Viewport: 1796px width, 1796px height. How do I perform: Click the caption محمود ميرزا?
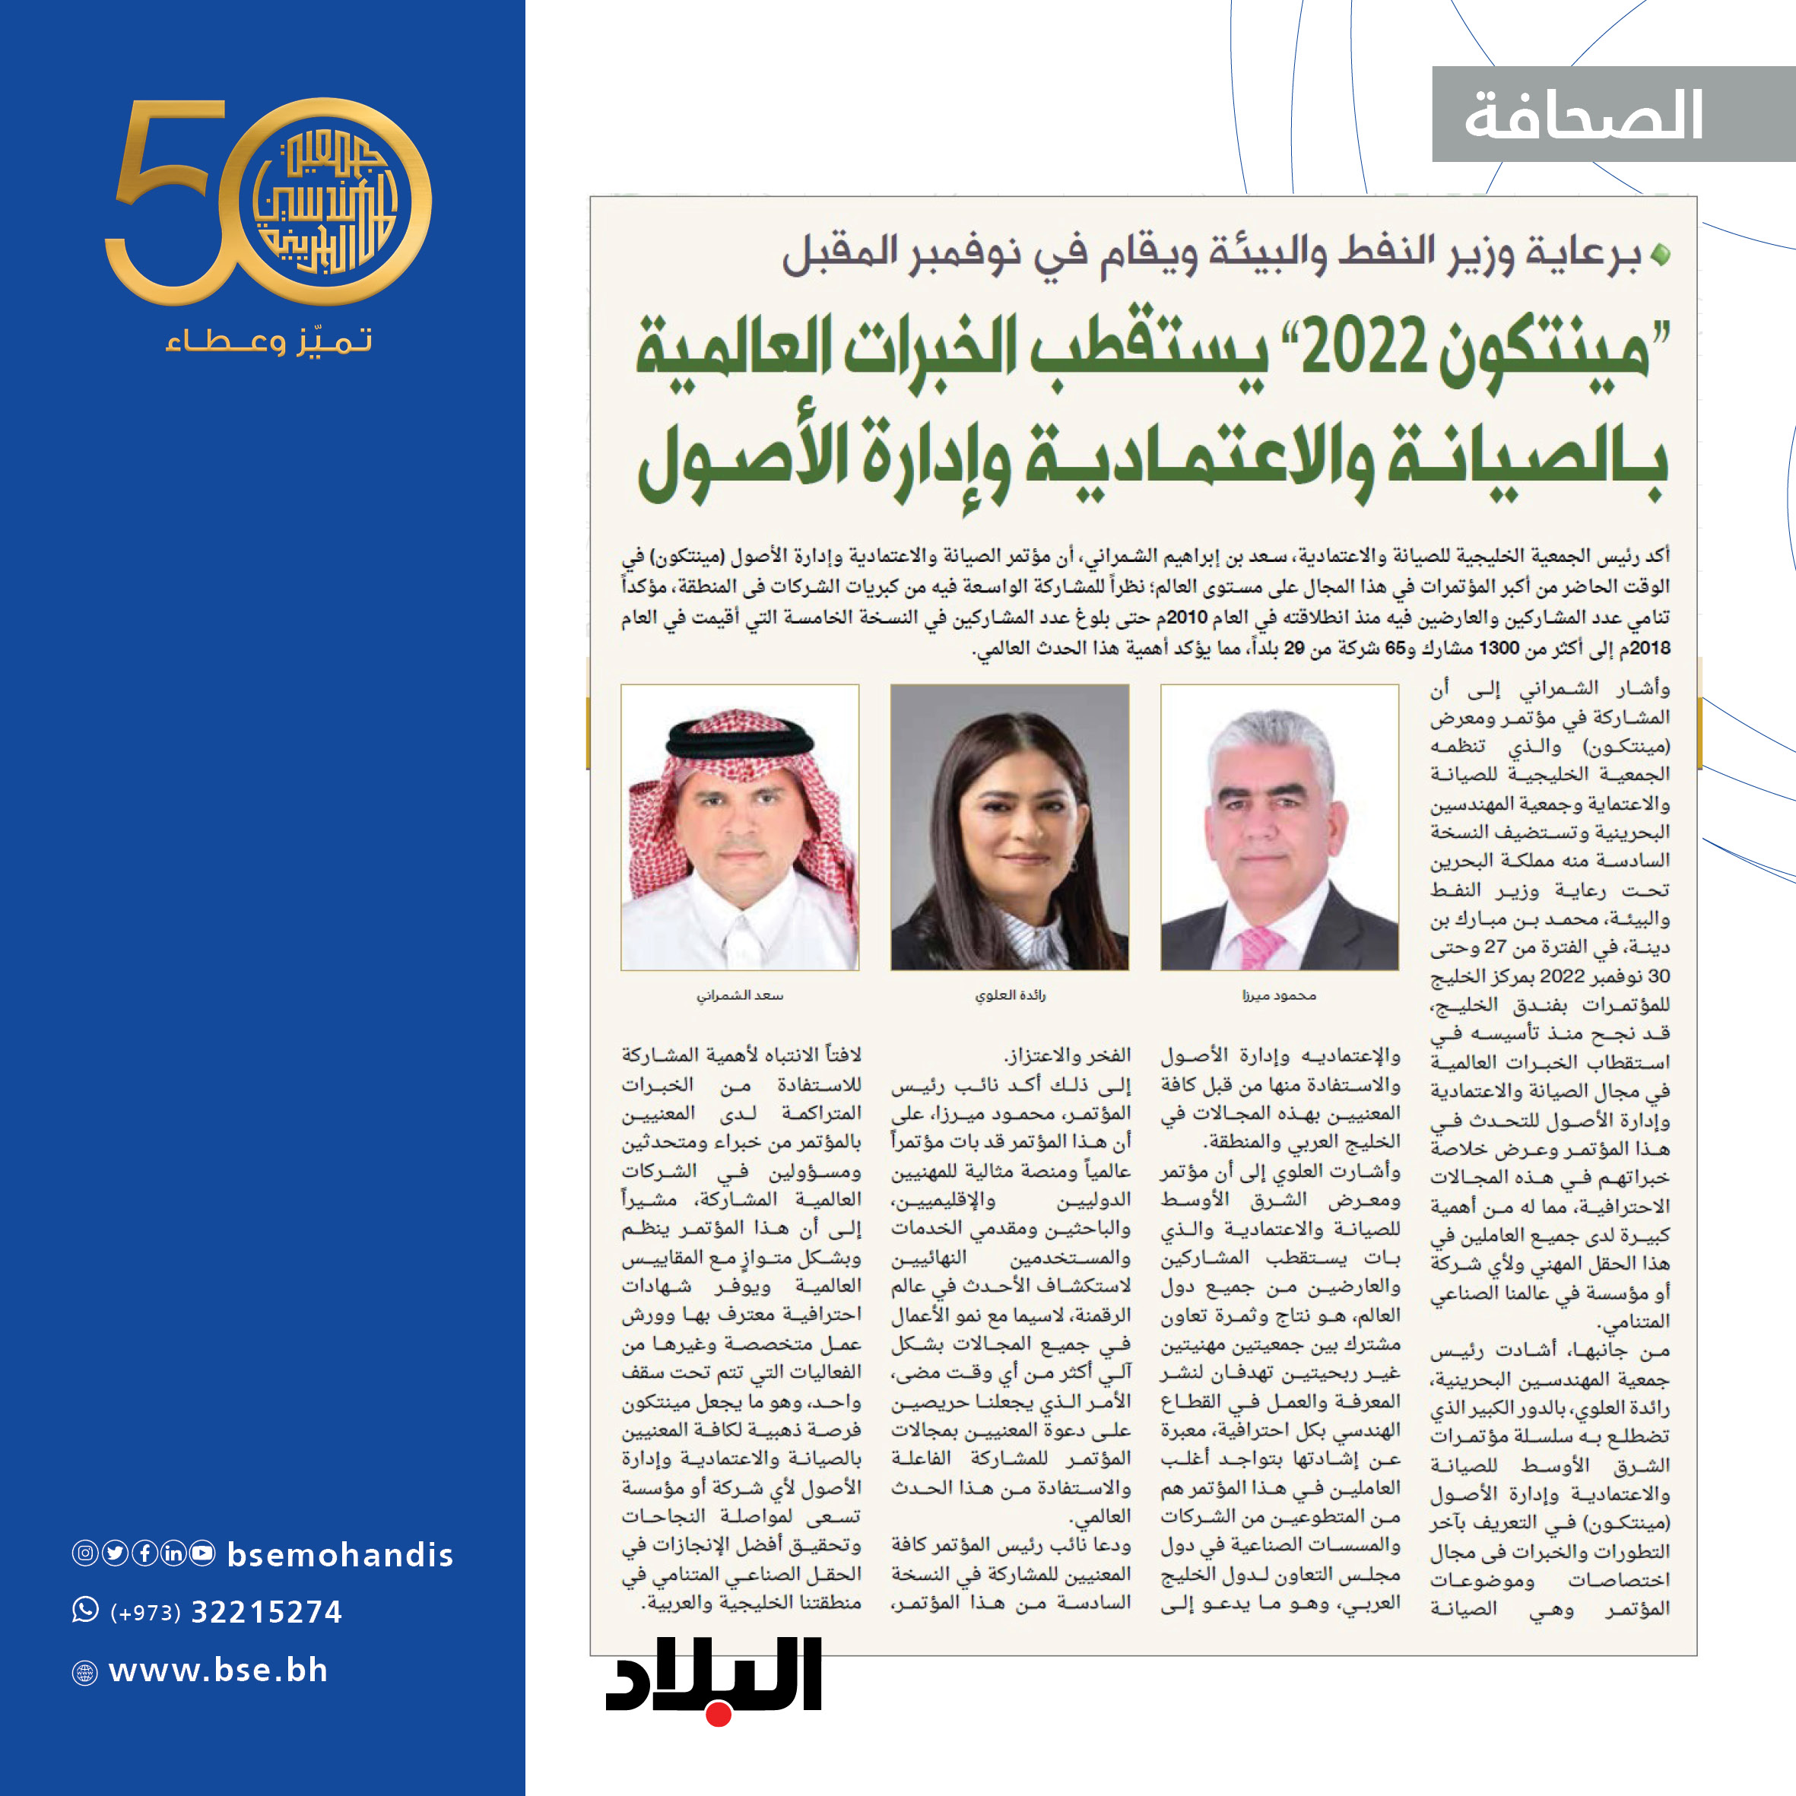tap(1279, 995)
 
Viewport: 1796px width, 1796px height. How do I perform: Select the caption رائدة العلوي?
tap(1010, 995)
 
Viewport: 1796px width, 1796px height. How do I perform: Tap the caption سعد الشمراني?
tap(740, 995)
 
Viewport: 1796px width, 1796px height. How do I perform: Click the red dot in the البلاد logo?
tap(718, 1713)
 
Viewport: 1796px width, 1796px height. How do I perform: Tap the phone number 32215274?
tap(266, 1612)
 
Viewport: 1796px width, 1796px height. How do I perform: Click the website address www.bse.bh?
tap(218, 1671)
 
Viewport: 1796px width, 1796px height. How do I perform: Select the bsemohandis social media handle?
tap(339, 1554)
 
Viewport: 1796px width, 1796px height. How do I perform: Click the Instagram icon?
tap(84, 1553)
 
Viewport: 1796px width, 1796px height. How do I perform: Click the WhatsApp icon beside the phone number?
tap(85, 1610)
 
